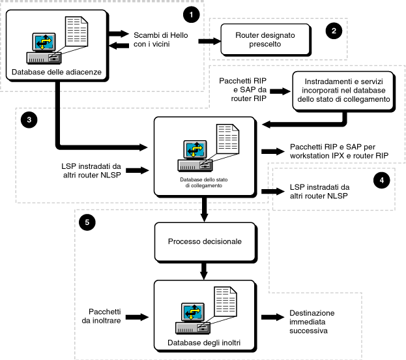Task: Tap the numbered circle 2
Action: [332, 31]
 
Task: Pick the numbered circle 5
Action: [86, 222]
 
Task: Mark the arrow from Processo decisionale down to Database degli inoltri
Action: [206, 269]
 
